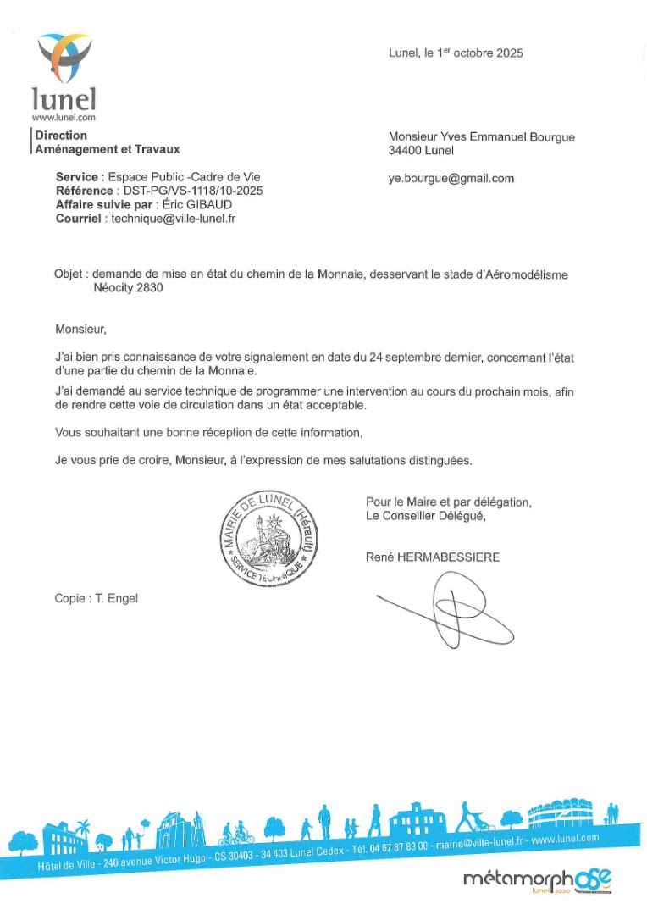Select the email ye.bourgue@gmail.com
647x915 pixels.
451,179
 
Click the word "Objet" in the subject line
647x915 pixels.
69,274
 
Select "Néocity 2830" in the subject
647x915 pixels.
128,287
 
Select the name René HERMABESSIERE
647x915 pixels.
433,557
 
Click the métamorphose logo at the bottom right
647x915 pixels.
537,880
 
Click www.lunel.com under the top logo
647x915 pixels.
64,118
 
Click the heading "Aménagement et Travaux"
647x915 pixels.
108,149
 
